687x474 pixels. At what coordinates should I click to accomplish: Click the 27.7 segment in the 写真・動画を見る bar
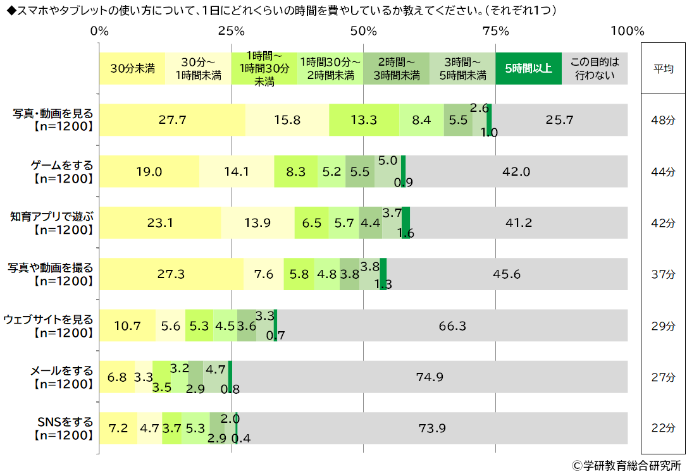point(172,119)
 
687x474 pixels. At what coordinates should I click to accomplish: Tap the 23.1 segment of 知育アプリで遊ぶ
point(161,222)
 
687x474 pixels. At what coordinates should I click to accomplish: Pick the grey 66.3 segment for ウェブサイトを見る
point(452,325)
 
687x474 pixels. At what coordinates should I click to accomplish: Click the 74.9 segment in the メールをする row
point(430,377)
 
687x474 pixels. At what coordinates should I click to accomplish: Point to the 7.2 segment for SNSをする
point(118,428)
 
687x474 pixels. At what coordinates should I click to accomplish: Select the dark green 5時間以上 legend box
point(528,68)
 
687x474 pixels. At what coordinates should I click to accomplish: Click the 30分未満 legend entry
point(132,68)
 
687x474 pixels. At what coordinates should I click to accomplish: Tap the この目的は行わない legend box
point(595,68)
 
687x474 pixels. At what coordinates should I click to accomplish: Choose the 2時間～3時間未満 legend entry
point(397,68)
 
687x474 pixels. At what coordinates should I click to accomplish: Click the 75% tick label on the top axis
point(496,31)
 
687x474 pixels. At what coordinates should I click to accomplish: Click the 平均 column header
point(663,69)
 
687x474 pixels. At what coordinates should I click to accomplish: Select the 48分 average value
point(663,119)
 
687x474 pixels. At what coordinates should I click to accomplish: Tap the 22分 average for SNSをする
point(663,428)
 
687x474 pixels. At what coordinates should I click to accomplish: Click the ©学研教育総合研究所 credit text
point(626,465)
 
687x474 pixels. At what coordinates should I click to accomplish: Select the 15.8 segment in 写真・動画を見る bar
point(287,119)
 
